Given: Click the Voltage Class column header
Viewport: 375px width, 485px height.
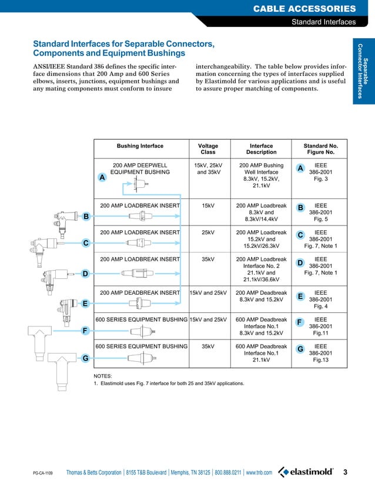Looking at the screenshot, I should tap(207, 149).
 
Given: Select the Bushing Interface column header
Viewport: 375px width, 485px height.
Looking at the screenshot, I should tap(140, 146).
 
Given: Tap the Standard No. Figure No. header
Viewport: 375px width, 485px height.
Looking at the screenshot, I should tap(320, 149).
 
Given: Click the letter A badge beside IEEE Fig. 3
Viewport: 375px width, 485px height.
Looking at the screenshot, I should tap(300, 169).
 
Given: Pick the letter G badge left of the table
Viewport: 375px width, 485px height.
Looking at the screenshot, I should tap(85, 358).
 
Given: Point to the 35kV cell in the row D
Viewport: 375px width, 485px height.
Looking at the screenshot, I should tap(207, 259).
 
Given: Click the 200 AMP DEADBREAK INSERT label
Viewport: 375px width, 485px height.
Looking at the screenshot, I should tap(140, 292).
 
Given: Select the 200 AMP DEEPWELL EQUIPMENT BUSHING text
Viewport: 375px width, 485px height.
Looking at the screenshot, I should tap(140, 169).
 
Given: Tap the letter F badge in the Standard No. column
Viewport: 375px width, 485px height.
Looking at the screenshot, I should tap(300, 323).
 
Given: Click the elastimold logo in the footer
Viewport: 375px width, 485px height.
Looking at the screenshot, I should tap(306, 472).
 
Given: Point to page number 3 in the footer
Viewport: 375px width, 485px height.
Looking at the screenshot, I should tap(345, 472).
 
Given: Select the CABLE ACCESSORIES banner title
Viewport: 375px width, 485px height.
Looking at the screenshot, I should tap(304, 8).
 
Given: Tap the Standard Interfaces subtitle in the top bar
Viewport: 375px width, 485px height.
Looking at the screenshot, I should tap(324, 22).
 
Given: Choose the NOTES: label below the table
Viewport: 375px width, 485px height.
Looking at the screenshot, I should tap(103, 375).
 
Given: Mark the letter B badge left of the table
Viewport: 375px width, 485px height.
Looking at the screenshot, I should tap(85, 217).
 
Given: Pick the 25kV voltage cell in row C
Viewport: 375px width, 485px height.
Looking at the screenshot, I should tap(207, 233).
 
